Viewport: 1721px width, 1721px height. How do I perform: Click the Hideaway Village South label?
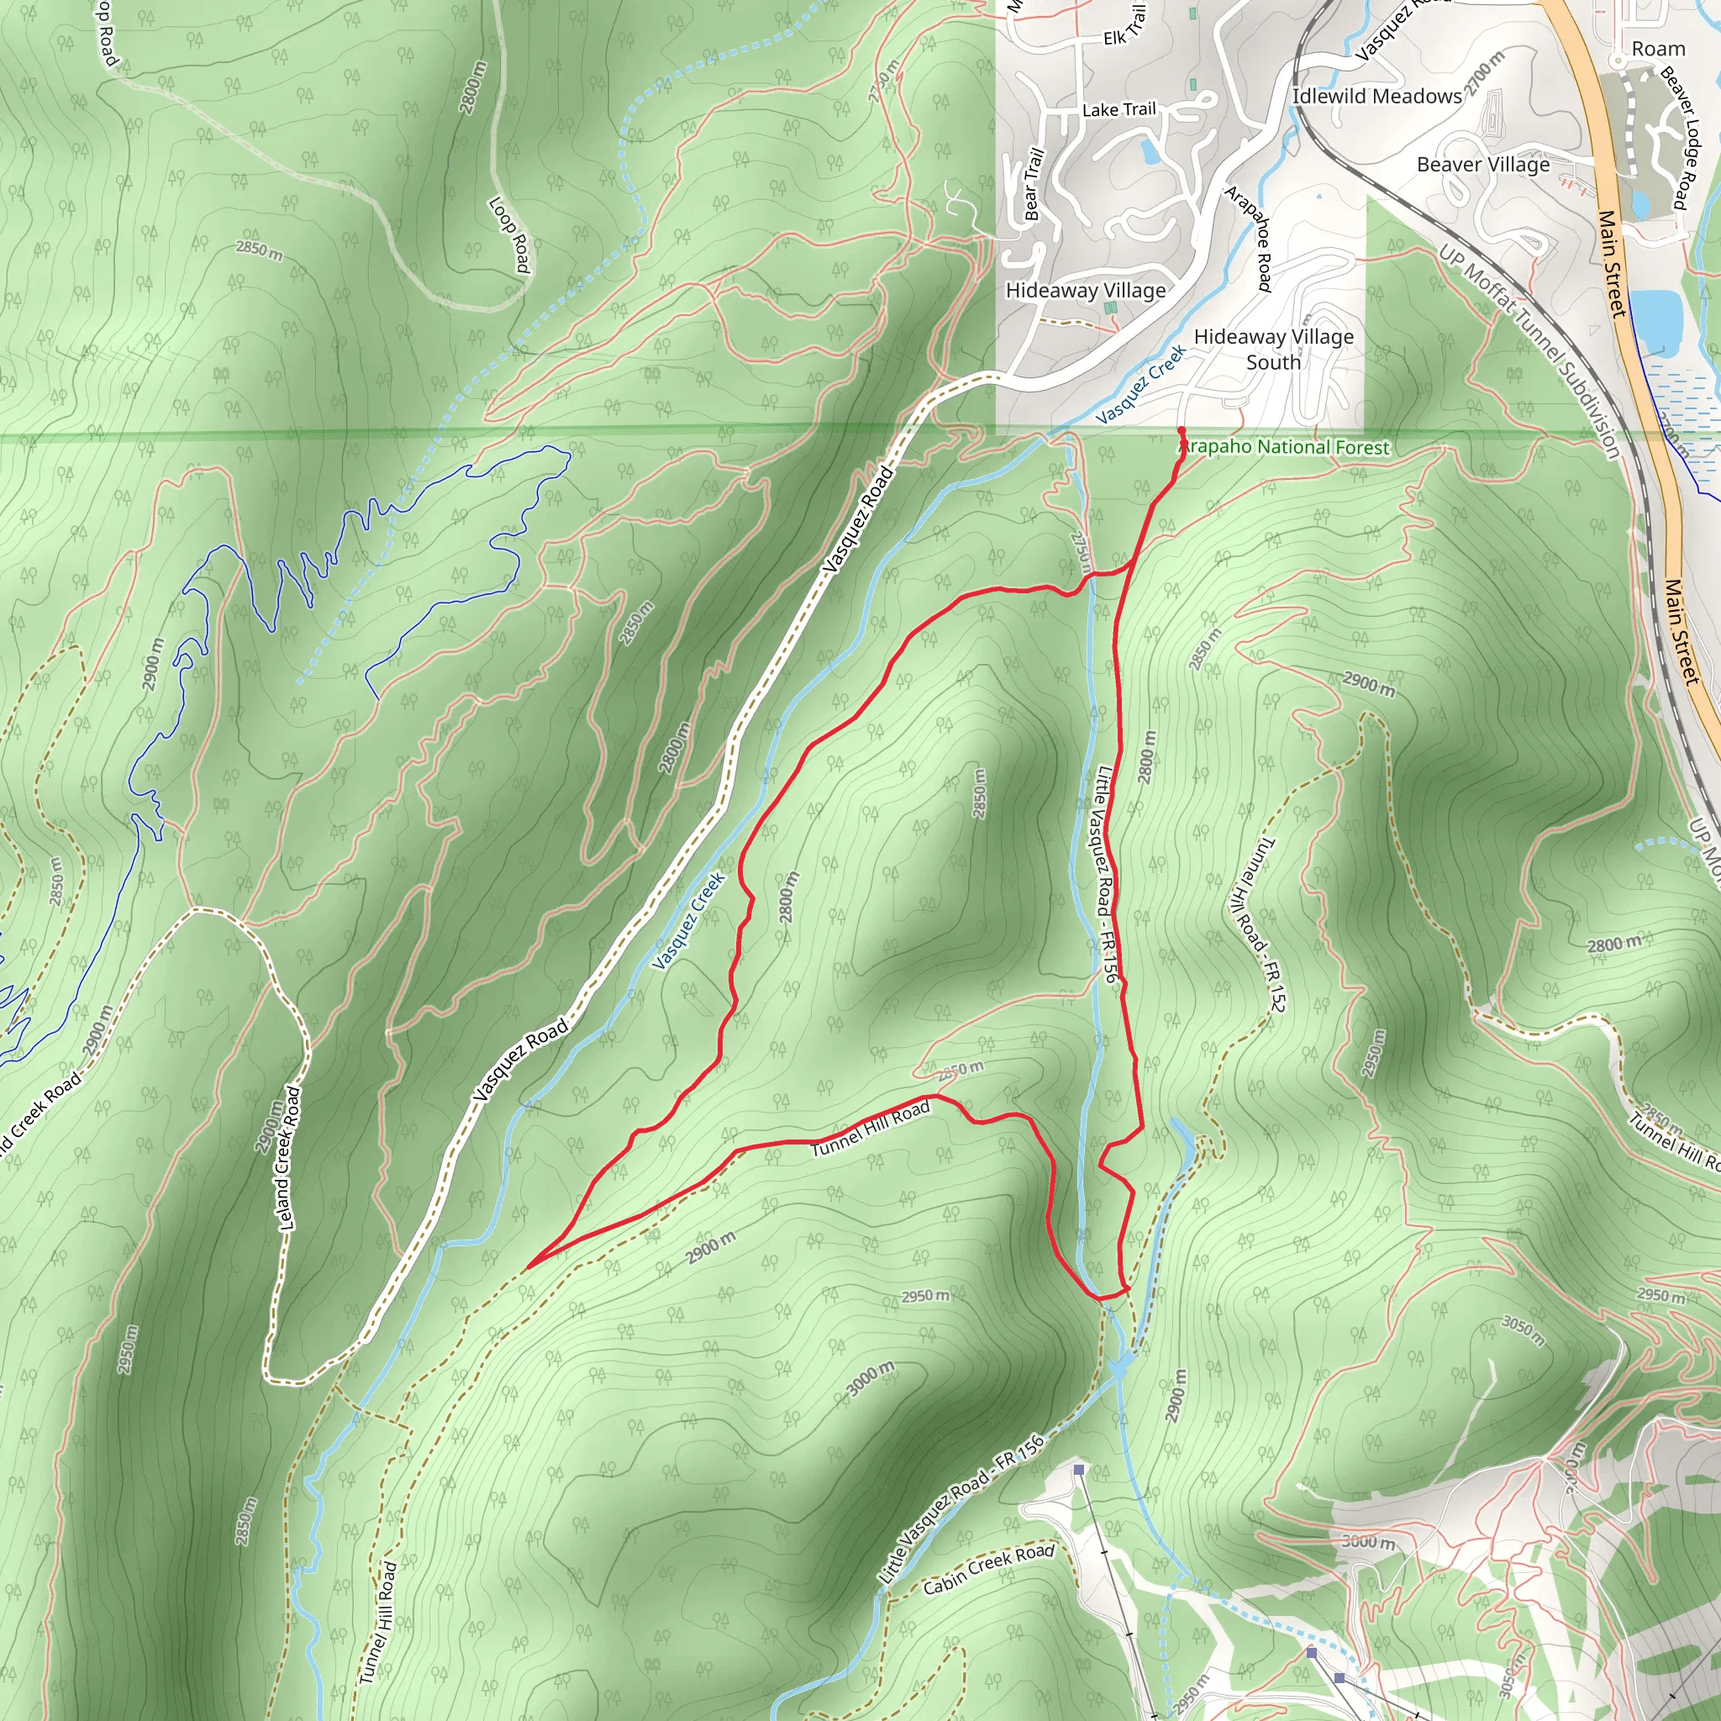[x=1273, y=350]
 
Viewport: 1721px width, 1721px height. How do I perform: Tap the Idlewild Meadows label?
[x=1376, y=96]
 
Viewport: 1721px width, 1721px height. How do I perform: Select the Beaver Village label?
[x=1482, y=165]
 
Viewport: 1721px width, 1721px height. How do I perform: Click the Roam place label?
[x=1658, y=49]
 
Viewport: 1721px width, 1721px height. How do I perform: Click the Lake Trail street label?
[x=1118, y=109]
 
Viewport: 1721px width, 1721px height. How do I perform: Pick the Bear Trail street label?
[x=1033, y=184]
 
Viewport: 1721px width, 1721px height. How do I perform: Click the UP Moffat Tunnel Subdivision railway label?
[x=1529, y=352]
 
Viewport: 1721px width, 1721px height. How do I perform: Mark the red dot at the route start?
[x=1182, y=431]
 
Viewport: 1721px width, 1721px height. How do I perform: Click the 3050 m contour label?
[x=1523, y=1331]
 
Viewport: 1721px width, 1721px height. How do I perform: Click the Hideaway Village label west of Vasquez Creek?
[x=1085, y=291]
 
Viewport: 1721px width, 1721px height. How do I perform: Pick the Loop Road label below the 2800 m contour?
[x=509, y=234]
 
